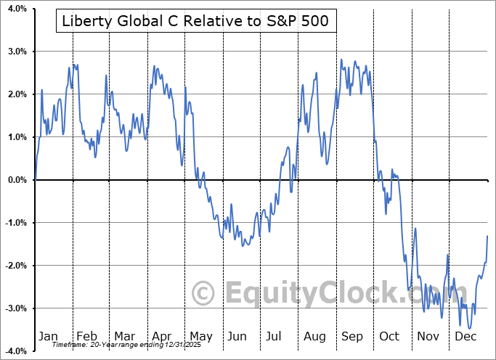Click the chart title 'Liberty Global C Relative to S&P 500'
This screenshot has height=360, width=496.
pos(194,22)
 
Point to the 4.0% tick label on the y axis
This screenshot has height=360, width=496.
pos(16,9)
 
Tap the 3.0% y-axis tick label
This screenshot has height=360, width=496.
pos(16,52)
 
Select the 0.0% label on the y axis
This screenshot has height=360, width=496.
pos(16,180)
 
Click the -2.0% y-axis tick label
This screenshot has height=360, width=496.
pos(15,266)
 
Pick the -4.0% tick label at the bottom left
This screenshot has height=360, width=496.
pos(15,351)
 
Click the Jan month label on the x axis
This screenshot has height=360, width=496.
pos(48,336)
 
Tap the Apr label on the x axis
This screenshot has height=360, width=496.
pos(161,336)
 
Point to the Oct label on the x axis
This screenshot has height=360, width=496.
pos(390,336)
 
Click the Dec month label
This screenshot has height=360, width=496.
pos(466,336)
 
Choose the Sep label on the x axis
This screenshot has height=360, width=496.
pos(352,336)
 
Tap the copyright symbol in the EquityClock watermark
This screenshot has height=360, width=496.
pos(204,293)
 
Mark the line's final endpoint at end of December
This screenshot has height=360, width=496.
pos(487,237)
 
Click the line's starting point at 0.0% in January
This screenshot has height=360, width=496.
pos(35,179)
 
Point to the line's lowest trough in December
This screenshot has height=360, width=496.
pos(471,328)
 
